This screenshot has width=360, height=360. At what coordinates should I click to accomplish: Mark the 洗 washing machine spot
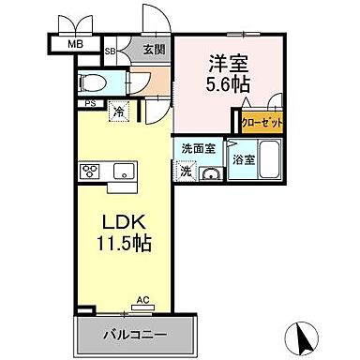click(186, 172)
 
